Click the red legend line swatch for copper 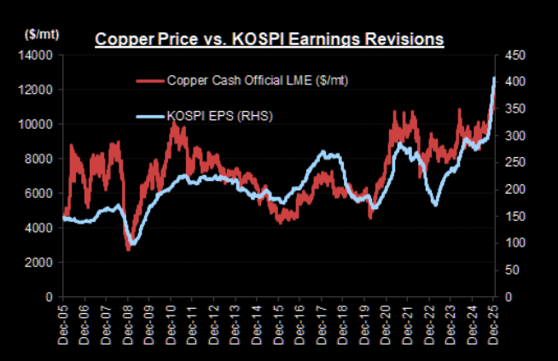coord(150,81)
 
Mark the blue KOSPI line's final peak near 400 coord(495,79)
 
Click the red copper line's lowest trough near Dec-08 coord(128,249)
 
